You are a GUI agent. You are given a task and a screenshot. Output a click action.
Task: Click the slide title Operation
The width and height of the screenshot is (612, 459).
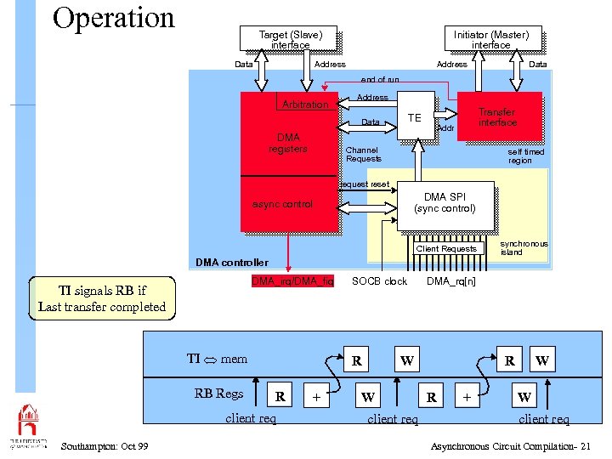coord(113,18)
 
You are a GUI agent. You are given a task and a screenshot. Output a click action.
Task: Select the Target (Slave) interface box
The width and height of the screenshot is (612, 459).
coord(290,40)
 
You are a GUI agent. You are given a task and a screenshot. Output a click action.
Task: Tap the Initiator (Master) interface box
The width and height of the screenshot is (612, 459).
coord(490,40)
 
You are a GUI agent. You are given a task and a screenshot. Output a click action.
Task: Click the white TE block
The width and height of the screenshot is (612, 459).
coord(415,116)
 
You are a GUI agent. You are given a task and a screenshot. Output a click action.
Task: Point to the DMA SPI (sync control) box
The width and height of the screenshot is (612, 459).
coord(445,203)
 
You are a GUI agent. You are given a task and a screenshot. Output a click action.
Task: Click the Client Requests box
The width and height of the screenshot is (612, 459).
coord(446,249)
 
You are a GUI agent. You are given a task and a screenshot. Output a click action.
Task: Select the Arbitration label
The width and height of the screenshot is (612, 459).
coord(304,105)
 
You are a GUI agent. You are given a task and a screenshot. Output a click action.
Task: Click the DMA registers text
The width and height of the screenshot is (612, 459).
coord(287,143)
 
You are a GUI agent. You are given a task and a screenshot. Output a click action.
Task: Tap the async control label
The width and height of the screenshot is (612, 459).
coord(283,204)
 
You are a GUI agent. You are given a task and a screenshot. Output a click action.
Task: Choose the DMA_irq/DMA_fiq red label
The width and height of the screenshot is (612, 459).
coord(292,281)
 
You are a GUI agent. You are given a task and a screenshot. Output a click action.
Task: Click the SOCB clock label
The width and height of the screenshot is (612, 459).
coord(379,281)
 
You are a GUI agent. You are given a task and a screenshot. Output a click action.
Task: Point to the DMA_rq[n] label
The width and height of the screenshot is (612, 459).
coord(451,281)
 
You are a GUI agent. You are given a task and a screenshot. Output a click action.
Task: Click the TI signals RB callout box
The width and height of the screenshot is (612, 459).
coord(102,298)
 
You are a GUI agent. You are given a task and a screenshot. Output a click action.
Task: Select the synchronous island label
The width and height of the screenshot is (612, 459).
coord(524,247)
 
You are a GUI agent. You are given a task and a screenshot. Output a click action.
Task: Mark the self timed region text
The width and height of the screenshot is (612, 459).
coord(525,156)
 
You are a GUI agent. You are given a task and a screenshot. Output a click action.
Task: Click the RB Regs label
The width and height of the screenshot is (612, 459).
coord(218,393)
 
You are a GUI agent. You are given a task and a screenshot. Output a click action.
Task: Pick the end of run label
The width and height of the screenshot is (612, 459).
coord(380,80)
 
